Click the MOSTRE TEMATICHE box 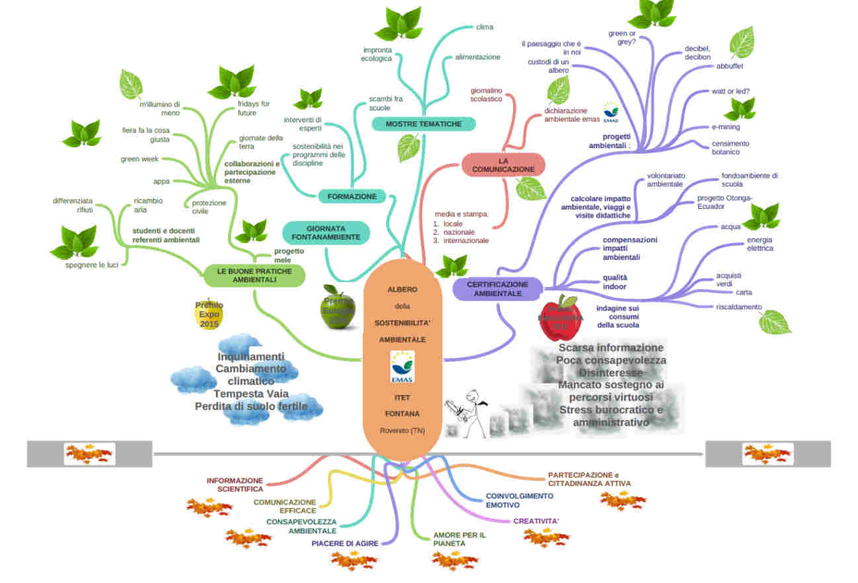coord(423,124)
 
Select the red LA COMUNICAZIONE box coord(503,165)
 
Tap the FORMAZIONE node coord(352,196)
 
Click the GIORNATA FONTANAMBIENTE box coord(327,233)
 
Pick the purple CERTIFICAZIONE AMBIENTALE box coord(497,289)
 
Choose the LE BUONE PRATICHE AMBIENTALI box coord(254,275)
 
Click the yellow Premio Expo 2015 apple coord(209,315)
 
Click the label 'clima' coord(485,27)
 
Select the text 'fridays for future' coord(254,108)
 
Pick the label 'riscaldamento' coord(738,307)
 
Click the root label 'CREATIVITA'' coord(536,522)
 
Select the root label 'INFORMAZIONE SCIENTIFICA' coord(235,485)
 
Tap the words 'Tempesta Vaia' coord(251,394)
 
